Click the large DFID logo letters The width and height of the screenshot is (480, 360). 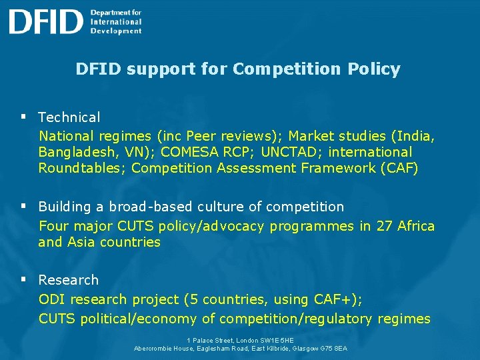(x=45, y=21)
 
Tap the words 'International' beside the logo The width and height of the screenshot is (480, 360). (x=115, y=21)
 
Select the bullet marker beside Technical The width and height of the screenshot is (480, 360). (x=23, y=117)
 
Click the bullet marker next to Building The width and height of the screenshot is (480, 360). (x=23, y=206)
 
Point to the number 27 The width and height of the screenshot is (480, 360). (x=384, y=226)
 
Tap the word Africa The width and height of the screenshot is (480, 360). (x=416, y=226)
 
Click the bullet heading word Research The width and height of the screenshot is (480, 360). (x=68, y=280)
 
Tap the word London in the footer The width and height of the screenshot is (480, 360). (x=248, y=340)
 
